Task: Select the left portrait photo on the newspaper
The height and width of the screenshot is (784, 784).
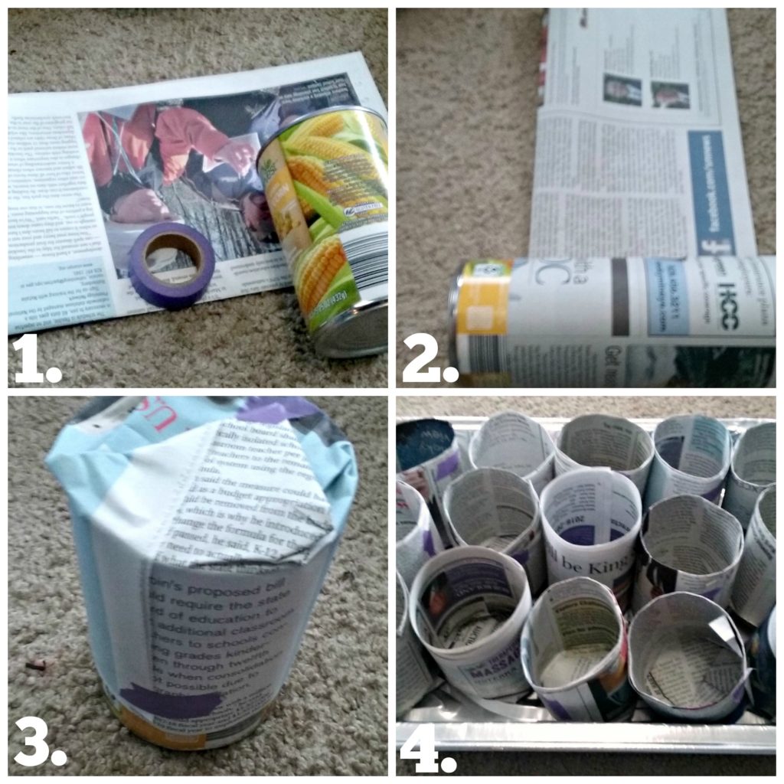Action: [x=622, y=90]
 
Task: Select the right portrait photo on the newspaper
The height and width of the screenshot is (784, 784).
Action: [x=670, y=94]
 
